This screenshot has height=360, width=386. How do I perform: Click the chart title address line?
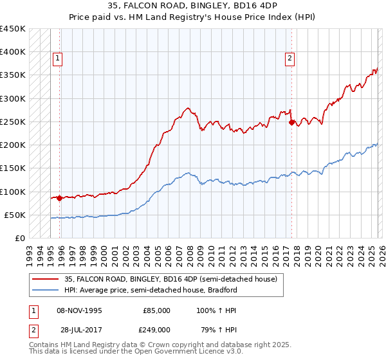tap(193, 6)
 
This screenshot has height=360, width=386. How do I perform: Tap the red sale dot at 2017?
tap(291, 122)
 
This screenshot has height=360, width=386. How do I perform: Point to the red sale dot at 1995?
tap(60, 198)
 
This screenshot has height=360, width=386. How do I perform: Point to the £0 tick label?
tap(19, 238)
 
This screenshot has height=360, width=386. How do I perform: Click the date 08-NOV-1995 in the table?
tap(79, 310)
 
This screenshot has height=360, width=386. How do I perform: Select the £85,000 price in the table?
tap(156, 310)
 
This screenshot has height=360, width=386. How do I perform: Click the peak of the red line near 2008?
tap(187, 108)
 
